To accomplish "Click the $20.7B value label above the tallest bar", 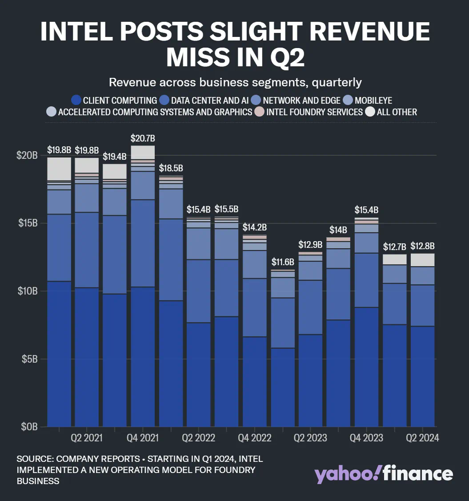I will (x=143, y=139).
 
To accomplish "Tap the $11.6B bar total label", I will (x=283, y=262).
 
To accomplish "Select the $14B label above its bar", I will (x=338, y=230).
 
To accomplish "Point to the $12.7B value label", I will (x=395, y=246).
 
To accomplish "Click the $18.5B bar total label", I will (x=171, y=169).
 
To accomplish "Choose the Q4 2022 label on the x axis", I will (x=255, y=438).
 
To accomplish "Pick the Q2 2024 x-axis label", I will (x=422, y=438).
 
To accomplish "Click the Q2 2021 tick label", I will (x=87, y=438).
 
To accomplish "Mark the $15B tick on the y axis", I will (x=28, y=223).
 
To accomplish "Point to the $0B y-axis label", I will (x=30, y=426).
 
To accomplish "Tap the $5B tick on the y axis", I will (x=30, y=359).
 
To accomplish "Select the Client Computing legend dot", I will (x=76, y=100).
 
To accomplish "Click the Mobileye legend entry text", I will (x=373, y=100).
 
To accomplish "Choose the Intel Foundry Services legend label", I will (x=314, y=112).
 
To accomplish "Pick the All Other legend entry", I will (x=397, y=112).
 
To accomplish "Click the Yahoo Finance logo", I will (x=384, y=474).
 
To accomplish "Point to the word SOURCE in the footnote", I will (x=35, y=459).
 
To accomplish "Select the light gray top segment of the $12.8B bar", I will (x=423, y=260).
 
